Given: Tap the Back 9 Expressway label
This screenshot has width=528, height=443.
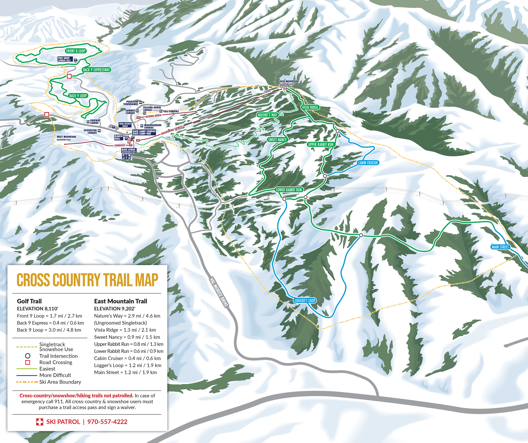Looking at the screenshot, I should (97, 70).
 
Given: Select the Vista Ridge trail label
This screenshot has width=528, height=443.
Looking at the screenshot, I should (310, 107).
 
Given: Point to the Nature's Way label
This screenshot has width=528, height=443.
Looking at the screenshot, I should (267, 115).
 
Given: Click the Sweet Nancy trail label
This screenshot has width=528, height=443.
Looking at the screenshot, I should (277, 140).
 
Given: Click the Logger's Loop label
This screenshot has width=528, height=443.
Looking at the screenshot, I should (305, 300).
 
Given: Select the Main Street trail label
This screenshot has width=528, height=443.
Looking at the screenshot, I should (500, 247).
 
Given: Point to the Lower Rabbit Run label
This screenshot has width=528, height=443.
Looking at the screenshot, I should (289, 190).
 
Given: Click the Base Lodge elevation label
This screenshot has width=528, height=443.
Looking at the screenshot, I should (129, 151).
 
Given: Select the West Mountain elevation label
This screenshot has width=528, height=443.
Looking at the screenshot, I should (66, 138).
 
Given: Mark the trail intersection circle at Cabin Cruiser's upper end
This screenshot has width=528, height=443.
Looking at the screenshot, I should (338, 131).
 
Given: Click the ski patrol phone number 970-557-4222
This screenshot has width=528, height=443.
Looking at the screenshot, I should (107, 422).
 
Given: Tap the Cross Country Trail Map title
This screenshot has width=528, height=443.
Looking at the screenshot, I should (87, 280).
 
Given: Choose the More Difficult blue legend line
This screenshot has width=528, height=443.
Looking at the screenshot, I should (27, 375).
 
